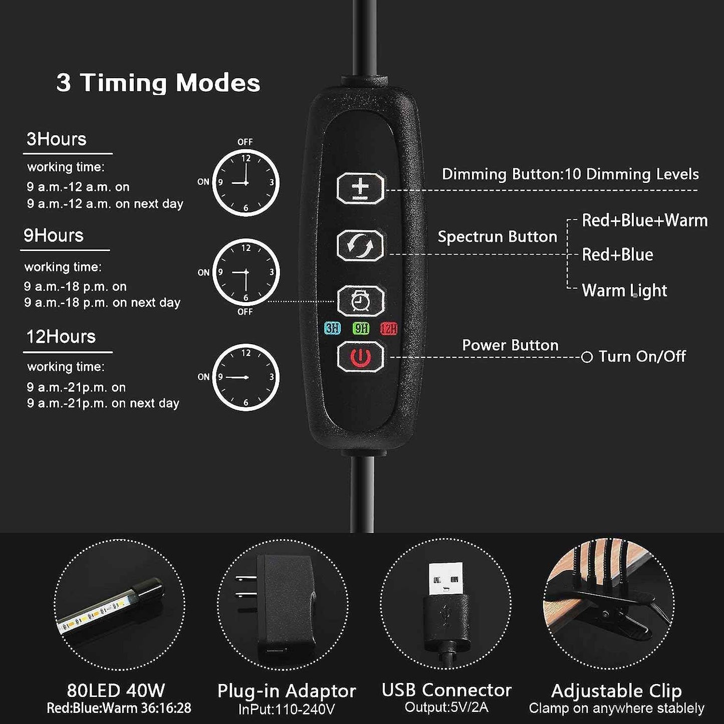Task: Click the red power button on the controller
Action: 361,357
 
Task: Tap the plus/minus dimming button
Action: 361,188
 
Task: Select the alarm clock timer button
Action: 361,301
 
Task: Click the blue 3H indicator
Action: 332,328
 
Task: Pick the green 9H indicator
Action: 361,328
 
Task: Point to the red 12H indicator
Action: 388,328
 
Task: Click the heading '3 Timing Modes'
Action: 158,83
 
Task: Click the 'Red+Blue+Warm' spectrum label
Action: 645,220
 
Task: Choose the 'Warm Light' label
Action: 624,291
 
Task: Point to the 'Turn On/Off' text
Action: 642,356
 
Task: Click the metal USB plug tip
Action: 446,578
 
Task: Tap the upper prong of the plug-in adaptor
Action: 246,579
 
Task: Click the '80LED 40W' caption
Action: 116,690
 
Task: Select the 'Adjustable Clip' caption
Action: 616,691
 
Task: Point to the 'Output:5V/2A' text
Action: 446,707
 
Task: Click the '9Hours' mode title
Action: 53,235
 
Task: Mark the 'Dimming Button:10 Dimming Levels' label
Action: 570,174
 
